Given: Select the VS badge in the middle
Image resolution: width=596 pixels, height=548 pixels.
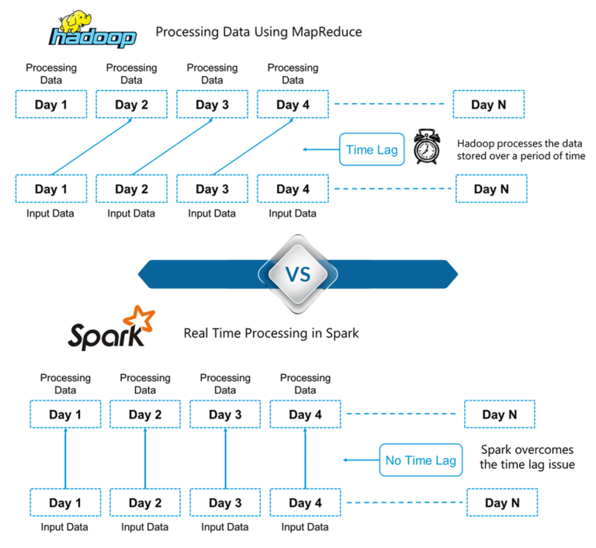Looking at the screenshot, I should (297, 273).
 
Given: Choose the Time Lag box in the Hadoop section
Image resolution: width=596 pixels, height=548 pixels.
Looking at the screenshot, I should (372, 150).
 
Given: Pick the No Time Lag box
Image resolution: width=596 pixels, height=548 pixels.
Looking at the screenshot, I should (420, 460).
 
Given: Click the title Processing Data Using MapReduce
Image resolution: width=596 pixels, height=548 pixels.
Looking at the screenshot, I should (258, 33).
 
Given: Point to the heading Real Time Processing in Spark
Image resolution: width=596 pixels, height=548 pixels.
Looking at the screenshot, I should (271, 333).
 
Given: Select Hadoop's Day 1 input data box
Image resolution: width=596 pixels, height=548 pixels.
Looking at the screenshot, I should (51, 189).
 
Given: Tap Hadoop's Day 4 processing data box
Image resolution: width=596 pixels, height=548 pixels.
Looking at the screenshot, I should (293, 105).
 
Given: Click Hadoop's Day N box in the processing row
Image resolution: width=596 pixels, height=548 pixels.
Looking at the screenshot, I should (488, 105).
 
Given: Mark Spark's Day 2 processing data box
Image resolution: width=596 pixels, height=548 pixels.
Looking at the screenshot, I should (145, 414).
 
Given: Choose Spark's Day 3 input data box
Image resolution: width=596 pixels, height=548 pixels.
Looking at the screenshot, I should (225, 503).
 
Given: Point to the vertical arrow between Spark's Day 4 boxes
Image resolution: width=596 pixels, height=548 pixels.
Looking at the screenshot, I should (305, 458).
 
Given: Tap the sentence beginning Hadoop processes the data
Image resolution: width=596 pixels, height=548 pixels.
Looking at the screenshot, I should (521, 150).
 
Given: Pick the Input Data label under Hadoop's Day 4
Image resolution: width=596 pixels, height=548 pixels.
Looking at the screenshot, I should (293, 213).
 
